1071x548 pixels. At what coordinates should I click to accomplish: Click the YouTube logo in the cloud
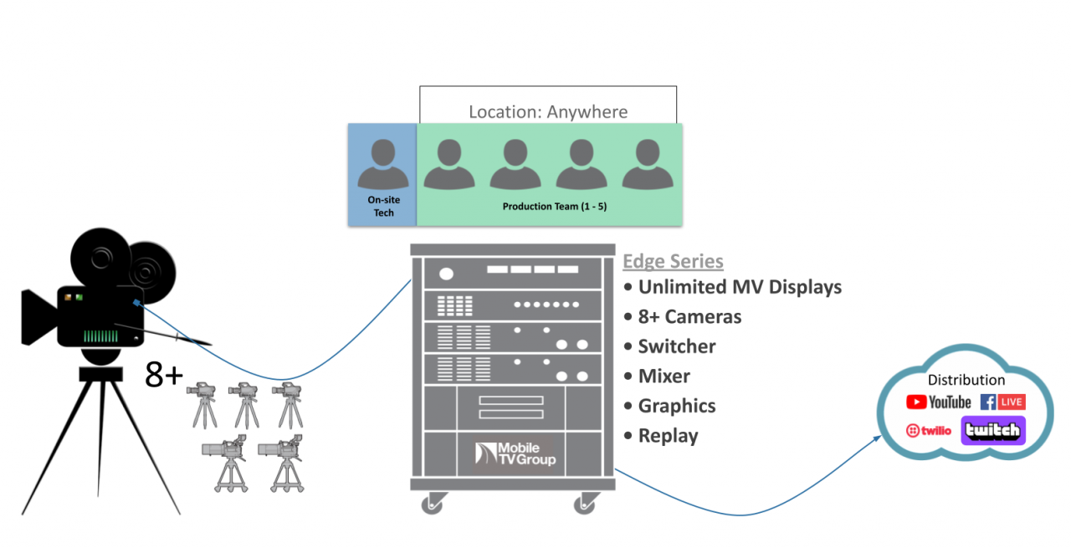coord(939,402)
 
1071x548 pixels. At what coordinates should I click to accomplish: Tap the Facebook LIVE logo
coord(1002,402)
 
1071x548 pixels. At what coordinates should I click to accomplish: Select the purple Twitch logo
coord(993,431)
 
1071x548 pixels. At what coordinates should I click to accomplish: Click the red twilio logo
coord(929,431)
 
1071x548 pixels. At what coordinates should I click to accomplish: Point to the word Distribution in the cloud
coord(966,380)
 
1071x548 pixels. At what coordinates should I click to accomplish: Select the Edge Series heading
coord(673,261)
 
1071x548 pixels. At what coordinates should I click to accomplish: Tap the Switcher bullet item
coord(676,346)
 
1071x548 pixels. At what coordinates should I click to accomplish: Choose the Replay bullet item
coord(667,436)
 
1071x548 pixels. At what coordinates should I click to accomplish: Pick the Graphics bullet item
coord(676,406)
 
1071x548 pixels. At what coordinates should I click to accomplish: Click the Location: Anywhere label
coord(548,111)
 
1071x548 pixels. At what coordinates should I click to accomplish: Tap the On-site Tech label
coord(382,207)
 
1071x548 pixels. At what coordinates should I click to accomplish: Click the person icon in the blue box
coord(382,164)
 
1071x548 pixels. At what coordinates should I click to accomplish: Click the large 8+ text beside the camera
coord(164,375)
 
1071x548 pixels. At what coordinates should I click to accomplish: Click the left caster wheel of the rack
coord(432,504)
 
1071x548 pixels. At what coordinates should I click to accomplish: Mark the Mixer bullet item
coord(664,376)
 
